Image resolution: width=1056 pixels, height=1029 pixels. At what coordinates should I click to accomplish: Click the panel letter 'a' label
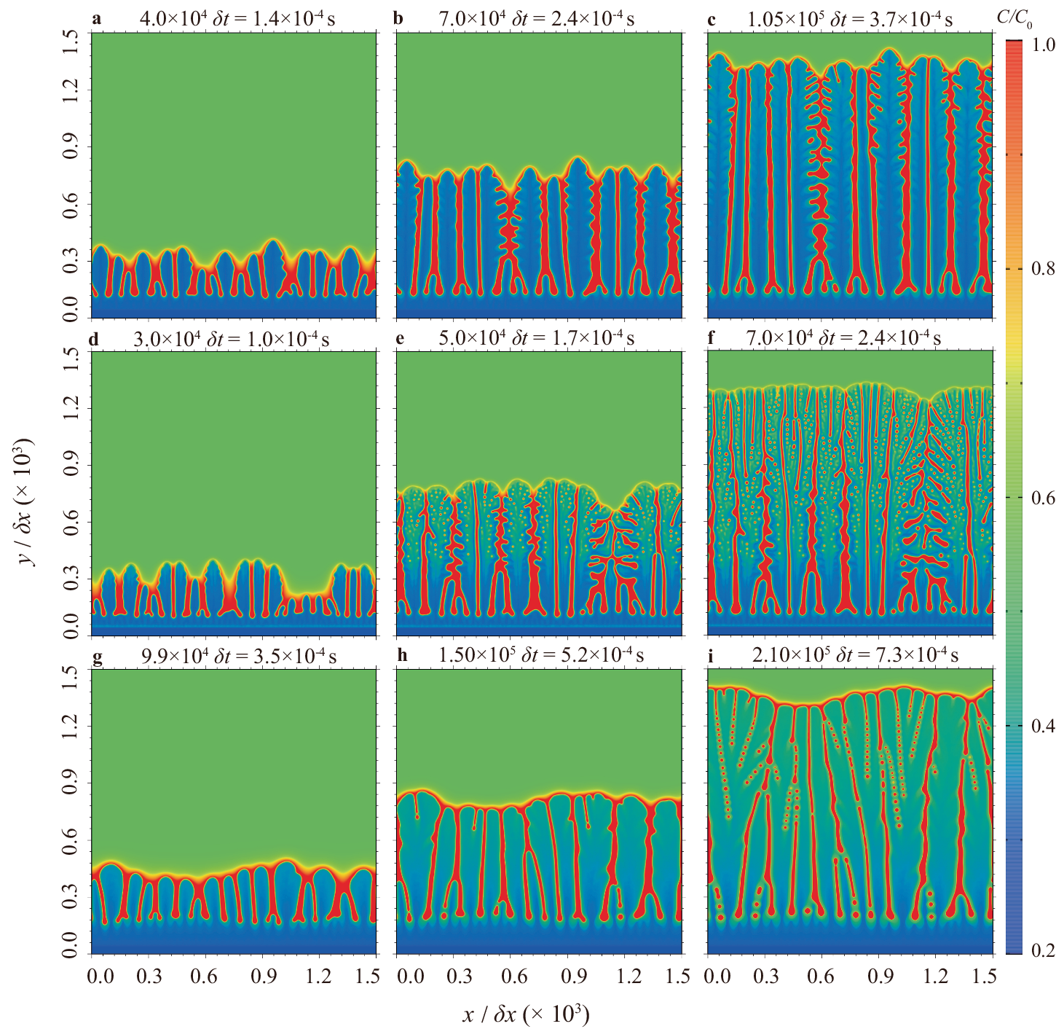(x=97, y=18)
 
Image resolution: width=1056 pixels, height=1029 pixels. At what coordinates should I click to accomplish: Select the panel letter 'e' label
(x=398, y=338)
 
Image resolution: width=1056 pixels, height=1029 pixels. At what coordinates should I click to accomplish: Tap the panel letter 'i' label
(x=711, y=655)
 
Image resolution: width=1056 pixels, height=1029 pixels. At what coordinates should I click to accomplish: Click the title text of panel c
(x=849, y=20)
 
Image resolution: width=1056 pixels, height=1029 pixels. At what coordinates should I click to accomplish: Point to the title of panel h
(x=540, y=655)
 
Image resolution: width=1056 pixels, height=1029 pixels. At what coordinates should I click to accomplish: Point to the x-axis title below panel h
(x=525, y=1014)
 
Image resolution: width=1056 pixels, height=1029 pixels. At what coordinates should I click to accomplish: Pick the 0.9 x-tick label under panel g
(x=266, y=976)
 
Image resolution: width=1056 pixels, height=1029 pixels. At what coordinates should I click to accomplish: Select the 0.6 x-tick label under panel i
(x=821, y=976)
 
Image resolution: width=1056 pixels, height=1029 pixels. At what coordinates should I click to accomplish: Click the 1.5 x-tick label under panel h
(x=677, y=976)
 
